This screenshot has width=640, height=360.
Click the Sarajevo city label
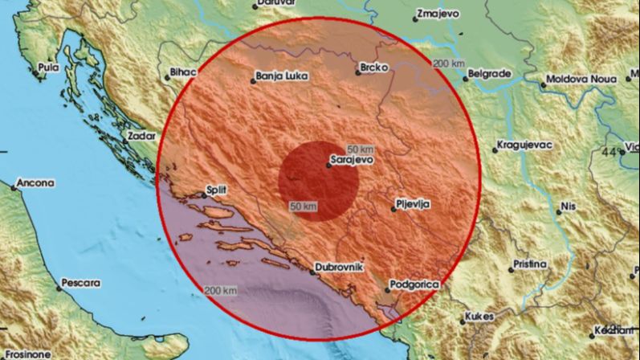(353, 161)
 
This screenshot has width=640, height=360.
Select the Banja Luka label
(277, 78)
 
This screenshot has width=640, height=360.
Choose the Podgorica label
(414, 284)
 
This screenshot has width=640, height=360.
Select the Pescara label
(83, 284)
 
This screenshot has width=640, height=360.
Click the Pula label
(48, 67)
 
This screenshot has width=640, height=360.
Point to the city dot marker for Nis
(559, 212)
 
